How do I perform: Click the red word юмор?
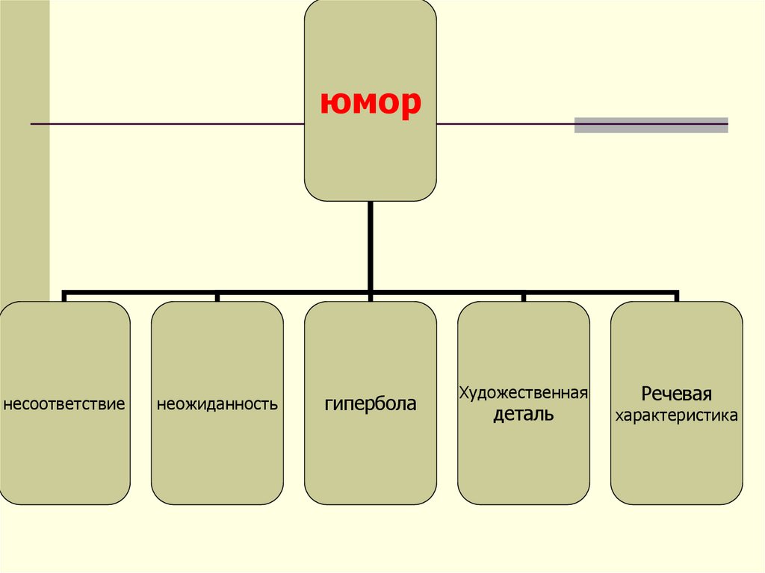click(370, 105)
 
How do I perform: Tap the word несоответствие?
click(64, 405)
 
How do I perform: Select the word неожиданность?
click(217, 405)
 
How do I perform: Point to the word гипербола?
click(371, 404)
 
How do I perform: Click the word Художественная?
click(524, 392)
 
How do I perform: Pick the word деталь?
click(523, 415)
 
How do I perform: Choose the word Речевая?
click(676, 394)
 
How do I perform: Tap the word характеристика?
click(676, 415)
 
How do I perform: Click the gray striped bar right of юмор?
click(651, 125)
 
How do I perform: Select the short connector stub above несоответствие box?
click(65, 297)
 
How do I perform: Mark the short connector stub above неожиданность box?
click(217, 297)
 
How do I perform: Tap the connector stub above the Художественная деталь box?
click(524, 297)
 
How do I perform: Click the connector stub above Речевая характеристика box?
click(677, 297)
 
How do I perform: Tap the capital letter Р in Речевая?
click(646, 394)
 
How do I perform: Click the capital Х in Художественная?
click(463, 392)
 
